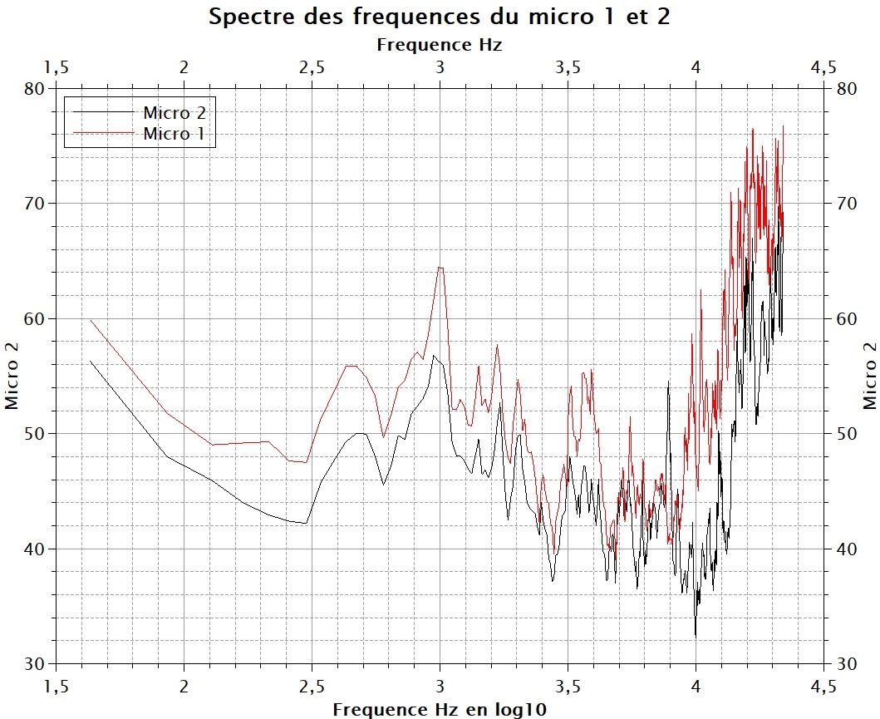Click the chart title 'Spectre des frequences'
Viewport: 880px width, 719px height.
click(x=439, y=17)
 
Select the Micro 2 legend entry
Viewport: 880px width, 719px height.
click(x=174, y=114)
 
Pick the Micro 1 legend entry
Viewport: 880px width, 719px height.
click(x=174, y=133)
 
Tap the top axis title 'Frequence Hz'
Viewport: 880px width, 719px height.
click(x=439, y=44)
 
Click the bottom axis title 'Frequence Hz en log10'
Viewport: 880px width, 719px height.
click(x=440, y=709)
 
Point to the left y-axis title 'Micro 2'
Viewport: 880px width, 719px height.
click(x=12, y=376)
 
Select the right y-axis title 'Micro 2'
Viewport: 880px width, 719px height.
click(x=869, y=376)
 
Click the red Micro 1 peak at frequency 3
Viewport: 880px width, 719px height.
click(x=440, y=268)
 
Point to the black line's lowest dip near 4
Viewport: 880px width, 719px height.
click(x=696, y=636)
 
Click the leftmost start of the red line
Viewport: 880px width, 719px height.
click(x=91, y=320)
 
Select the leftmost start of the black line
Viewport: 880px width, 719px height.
click(x=91, y=361)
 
